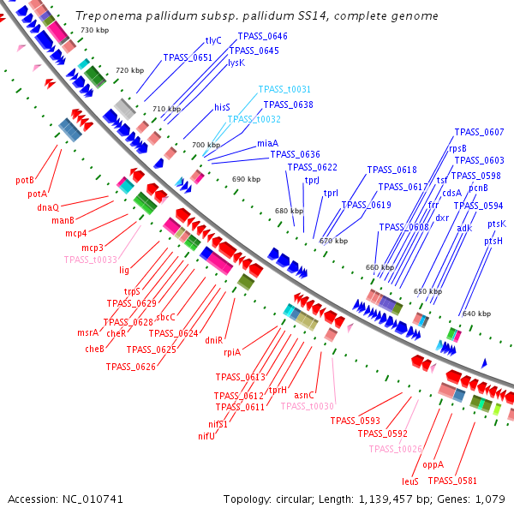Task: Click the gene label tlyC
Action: click(213, 40)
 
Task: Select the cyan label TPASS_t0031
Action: click(284, 89)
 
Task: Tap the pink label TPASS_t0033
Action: click(90, 260)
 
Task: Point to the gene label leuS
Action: click(410, 482)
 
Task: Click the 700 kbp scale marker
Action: click(206, 145)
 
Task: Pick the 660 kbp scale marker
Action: click(378, 267)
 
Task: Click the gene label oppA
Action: click(433, 464)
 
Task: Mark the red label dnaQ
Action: click(48, 207)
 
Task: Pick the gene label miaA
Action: click(267, 143)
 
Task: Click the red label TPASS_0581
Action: click(477, 481)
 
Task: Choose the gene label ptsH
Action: click(493, 242)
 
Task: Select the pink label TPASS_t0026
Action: click(396, 449)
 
